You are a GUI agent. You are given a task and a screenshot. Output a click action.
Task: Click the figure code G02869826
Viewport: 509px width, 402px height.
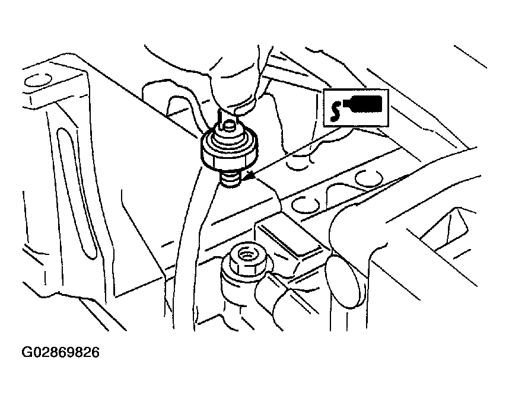[x=61, y=352]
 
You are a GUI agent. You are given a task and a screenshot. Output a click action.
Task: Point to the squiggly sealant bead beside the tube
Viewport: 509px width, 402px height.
[x=335, y=110]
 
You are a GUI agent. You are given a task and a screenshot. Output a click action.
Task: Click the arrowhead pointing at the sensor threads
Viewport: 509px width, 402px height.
[x=249, y=176]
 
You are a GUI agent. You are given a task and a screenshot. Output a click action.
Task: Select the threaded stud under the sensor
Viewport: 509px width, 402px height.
[x=231, y=179]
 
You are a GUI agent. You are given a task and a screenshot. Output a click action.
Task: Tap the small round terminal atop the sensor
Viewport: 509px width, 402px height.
[x=230, y=125]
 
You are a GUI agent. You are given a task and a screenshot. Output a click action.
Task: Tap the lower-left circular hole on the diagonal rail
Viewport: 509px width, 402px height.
[x=305, y=205]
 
